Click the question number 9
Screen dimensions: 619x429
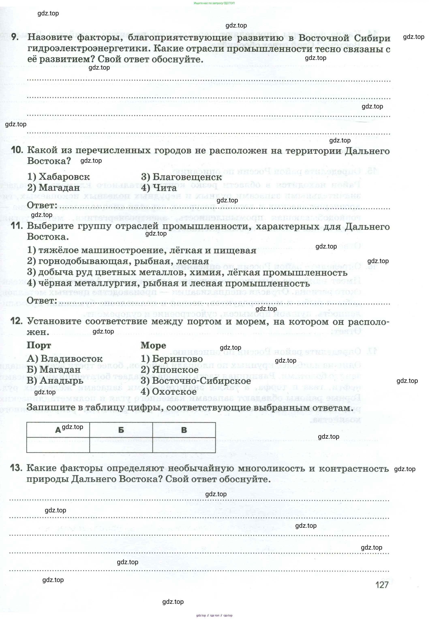pos(15,37)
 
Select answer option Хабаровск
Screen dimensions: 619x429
pos(64,177)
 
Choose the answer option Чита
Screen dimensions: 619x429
pos(165,188)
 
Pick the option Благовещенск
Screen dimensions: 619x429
pos(187,177)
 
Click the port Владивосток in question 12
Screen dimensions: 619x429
pos(71,359)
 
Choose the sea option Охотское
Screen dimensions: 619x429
pos(174,392)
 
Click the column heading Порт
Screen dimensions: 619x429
pos(39,345)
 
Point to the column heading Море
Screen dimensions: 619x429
pos(153,345)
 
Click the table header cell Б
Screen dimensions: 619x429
pos(121,430)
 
